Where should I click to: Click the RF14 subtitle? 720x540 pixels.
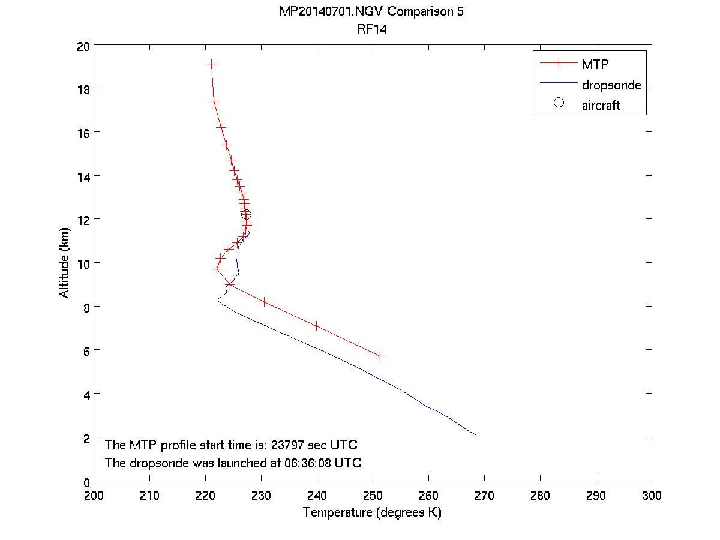coord(371,29)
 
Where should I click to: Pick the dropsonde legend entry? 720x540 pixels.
coord(611,85)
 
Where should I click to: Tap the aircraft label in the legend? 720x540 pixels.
coord(601,106)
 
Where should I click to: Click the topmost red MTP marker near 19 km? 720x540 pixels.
coord(211,63)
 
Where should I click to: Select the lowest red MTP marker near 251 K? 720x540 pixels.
coord(380,356)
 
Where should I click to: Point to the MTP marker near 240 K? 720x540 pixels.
coord(317,326)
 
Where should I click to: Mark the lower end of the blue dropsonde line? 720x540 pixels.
coord(476,434)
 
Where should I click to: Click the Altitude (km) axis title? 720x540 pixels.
coord(64,262)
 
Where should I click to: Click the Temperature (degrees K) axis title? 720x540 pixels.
coord(372,512)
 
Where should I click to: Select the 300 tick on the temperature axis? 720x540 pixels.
coord(651,496)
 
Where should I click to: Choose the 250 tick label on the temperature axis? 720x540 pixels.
coord(373,496)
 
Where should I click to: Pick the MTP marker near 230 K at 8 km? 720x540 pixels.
coord(264,302)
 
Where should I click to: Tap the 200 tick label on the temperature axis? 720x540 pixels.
coord(94,496)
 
